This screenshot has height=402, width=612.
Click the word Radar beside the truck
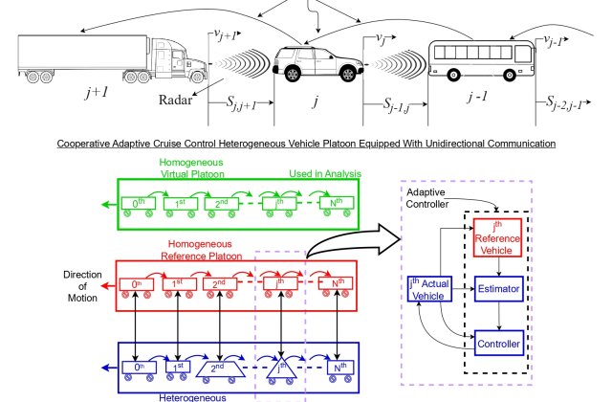pyautogui.click(x=176, y=100)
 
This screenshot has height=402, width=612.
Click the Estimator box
pyautogui.click(x=499, y=289)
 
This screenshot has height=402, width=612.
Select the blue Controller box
pyautogui.click(x=499, y=343)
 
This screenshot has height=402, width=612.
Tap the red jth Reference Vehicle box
pyautogui.click(x=497, y=237)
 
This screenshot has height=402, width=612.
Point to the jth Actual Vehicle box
pyautogui.click(x=429, y=289)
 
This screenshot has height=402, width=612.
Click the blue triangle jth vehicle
pyautogui.click(x=281, y=368)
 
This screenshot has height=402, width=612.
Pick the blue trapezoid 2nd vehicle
pyautogui.click(x=221, y=368)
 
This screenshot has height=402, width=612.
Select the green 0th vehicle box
pyautogui.click(x=138, y=203)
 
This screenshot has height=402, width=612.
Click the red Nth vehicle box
pyautogui.click(x=336, y=283)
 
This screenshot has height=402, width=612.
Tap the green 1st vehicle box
pyautogui.click(x=181, y=204)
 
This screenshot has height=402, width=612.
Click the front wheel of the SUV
pyautogui.click(x=348, y=73)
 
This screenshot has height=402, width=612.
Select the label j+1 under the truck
pyautogui.click(x=97, y=93)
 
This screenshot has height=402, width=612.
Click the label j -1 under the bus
pyautogui.click(x=477, y=96)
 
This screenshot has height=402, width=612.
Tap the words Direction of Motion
pyautogui.click(x=82, y=286)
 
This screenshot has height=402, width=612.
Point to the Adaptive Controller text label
pyautogui.click(x=427, y=198)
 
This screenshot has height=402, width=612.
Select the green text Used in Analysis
pyautogui.click(x=325, y=174)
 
